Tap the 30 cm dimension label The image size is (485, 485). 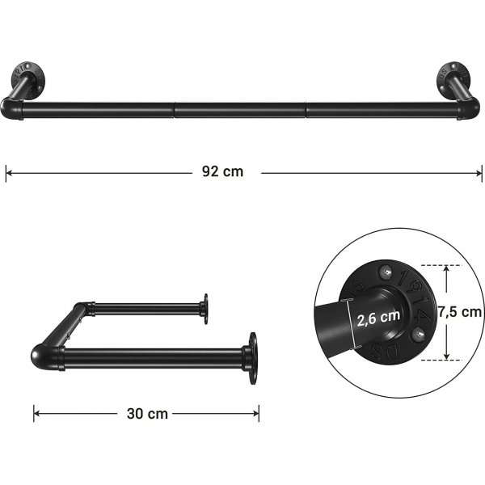point(147,413)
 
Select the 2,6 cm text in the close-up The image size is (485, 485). point(377,318)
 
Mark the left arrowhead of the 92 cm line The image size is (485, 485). point(8,171)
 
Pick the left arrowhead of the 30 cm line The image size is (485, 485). point(36,413)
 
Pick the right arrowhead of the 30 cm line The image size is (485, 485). point(257,413)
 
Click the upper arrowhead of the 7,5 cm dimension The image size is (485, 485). point(445,268)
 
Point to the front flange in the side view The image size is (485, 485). point(252,356)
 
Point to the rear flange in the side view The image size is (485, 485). point(205,307)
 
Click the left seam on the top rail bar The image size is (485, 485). point(175,105)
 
